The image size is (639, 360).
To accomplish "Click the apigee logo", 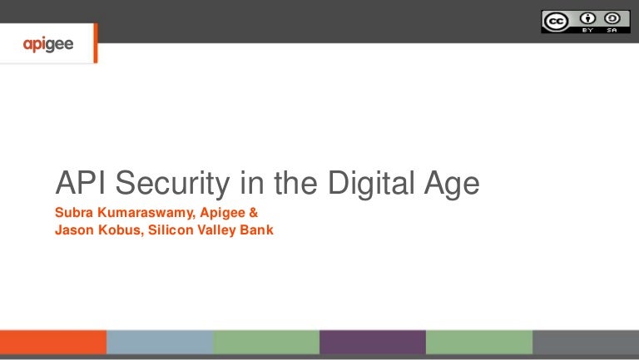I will coord(48,44).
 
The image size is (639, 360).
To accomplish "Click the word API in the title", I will coord(78,183).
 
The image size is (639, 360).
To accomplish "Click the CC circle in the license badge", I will coord(555,21).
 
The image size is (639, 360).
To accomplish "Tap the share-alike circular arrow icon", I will coord(612,18).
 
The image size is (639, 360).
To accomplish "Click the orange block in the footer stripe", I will coord(53,343).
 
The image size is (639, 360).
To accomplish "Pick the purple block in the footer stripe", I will coord(372,343).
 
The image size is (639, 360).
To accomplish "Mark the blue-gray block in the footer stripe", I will coord(159,343).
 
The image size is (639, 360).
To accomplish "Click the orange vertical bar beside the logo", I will coord(96,43).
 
